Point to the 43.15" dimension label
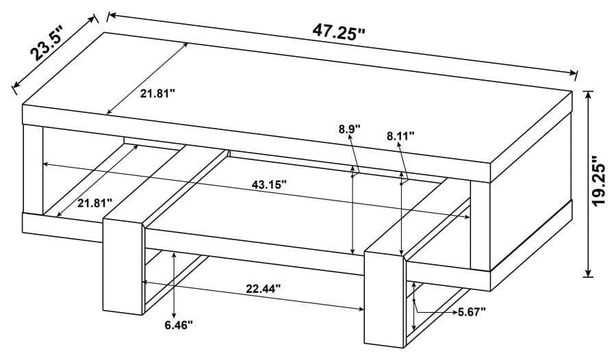point(264,184)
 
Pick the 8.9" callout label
point(348,128)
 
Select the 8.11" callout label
point(400,136)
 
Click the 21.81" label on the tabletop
point(158,93)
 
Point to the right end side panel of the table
point(530,226)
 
